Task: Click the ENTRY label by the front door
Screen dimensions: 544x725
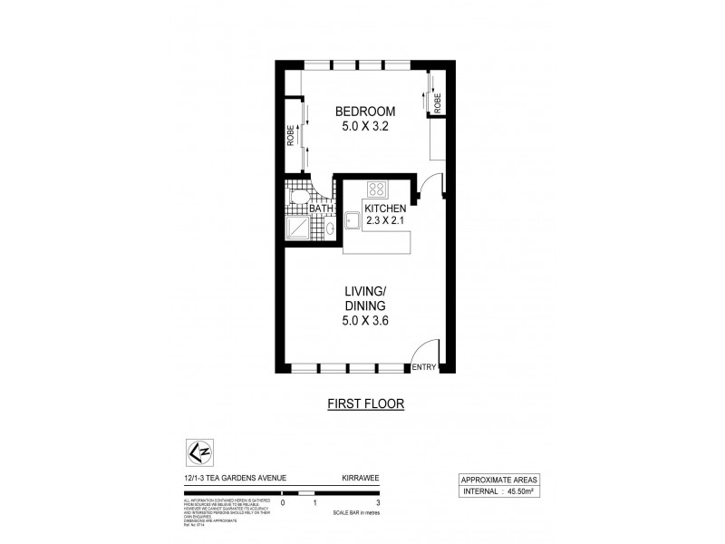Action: pyautogui.click(x=423, y=367)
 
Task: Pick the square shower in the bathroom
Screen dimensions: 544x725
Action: pyautogui.click(x=297, y=228)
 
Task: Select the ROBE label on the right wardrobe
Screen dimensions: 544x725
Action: pyautogui.click(x=437, y=102)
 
